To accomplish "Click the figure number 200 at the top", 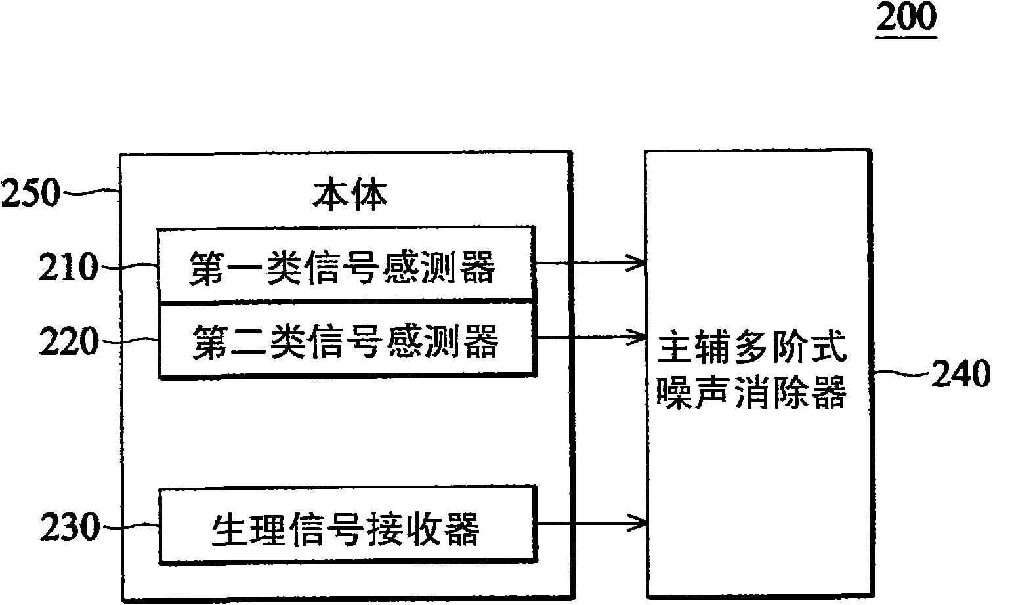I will coord(906,18).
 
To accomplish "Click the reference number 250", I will coord(31,195).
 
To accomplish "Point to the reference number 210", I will coord(69,268).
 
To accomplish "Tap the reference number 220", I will coord(69,342).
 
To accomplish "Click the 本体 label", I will coord(349,195).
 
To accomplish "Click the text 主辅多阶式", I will coord(752,350).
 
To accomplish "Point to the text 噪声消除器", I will coord(752,395).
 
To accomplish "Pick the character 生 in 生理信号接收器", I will coord(225,529).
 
